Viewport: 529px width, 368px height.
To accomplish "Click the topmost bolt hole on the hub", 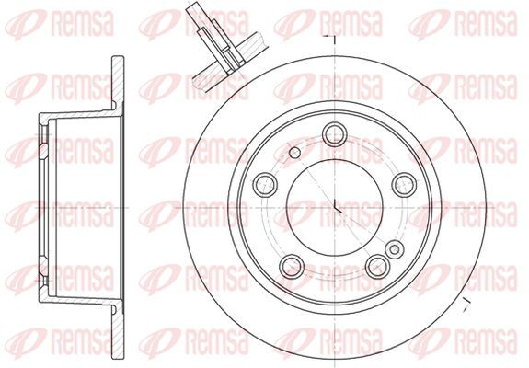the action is [x=334, y=134].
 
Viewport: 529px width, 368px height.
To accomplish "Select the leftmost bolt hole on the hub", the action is [x=265, y=185].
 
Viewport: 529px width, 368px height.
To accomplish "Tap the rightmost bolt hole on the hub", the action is [x=404, y=185].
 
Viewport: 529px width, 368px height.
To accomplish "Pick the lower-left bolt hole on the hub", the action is [x=292, y=266].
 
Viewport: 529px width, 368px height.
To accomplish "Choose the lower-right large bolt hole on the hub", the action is [x=377, y=266].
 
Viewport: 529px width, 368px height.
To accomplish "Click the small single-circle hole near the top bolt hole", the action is [x=295, y=153].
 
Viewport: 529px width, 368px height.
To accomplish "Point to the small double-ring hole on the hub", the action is [x=395, y=249].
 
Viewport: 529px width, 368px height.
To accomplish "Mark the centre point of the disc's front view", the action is [x=334, y=208].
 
